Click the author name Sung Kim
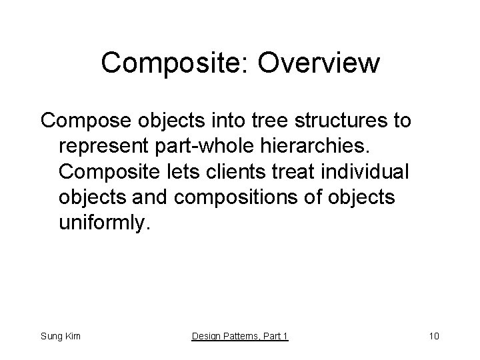(60, 336)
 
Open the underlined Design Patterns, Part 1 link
(240, 336)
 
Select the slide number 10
(433, 336)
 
